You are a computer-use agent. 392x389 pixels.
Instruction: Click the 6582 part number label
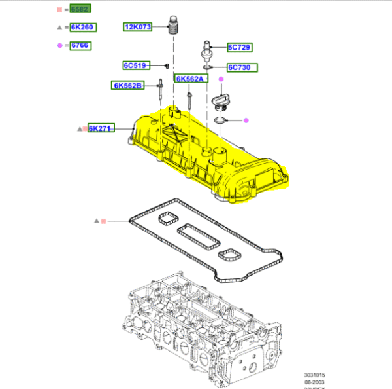pos(80,9)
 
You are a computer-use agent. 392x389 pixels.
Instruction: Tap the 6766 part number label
pos(80,45)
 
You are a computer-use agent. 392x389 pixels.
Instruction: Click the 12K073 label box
pos(138,27)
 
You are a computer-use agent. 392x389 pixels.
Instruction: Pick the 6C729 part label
pos(239,47)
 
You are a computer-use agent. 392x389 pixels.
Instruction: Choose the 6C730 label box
pos(242,67)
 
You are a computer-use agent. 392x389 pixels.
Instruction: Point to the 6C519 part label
pos(137,65)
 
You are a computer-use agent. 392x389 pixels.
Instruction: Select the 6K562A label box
pos(191,79)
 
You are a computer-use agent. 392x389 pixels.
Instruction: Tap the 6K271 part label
pos(102,128)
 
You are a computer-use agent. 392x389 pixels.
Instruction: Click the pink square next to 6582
pos(60,9)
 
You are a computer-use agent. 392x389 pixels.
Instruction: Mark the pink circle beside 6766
pos(60,45)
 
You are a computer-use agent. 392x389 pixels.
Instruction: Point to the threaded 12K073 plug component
pos(173,27)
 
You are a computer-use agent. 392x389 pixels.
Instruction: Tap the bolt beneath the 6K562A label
pos(188,98)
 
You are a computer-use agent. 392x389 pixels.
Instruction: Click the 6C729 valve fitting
pos(206,51)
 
